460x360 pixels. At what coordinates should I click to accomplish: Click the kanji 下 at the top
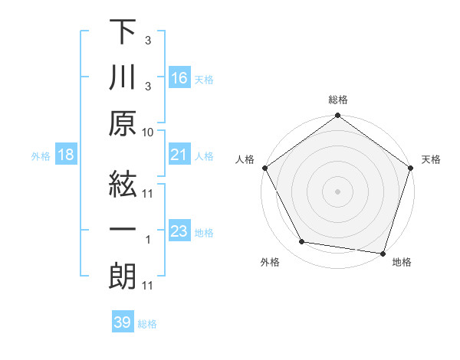tap(123, 32)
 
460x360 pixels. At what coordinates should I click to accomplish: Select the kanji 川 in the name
tap(123, 77)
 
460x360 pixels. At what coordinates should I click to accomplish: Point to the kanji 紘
tap(123, 183)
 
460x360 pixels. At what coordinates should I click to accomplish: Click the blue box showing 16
tap(179, 78)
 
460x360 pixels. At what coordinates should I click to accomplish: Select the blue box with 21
tap(179, 155)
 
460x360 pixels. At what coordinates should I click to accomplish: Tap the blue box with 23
tap(179, 232)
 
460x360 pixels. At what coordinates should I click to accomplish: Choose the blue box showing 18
tap(66, 155)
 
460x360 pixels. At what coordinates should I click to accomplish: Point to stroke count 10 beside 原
tap(148, 133)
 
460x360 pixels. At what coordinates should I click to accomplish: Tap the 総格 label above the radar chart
tap(338, 100)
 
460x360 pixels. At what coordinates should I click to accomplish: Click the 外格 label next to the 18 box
tap(41, 156)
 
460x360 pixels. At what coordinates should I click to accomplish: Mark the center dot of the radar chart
tap(337, 191)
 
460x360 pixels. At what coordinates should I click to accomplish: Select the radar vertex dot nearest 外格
tap(302, 242)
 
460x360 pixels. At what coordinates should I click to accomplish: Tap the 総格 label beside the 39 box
tap(147, 324)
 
